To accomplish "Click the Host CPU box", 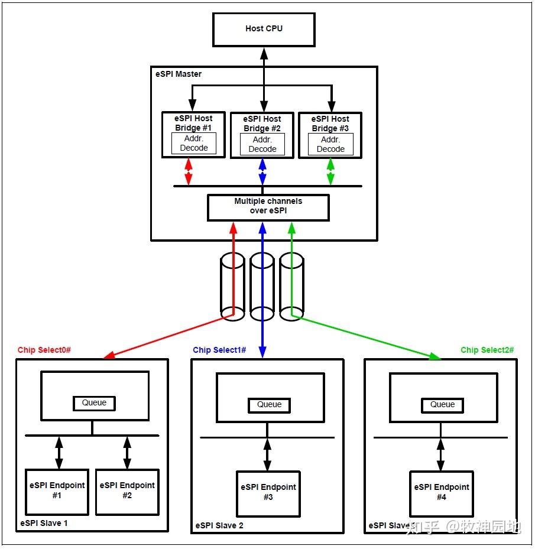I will [264, 29].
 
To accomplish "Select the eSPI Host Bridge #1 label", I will [193, 123].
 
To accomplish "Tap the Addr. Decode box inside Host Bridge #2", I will [262, 144].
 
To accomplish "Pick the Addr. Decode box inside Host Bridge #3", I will [330, 144].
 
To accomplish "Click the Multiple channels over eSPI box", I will [268, 206].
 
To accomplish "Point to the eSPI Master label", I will [178, 74].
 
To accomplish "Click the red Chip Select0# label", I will [44, 350].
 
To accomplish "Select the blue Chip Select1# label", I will [219, 350].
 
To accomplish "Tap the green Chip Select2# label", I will [487, 350].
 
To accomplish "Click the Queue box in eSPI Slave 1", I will [94, 403].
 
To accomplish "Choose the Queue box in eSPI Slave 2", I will [270, 404].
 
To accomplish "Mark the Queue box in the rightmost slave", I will [442, 404].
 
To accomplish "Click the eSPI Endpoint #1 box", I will [57, 491].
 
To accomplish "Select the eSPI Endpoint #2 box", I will [127, 491].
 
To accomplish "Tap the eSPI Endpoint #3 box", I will [268, 493].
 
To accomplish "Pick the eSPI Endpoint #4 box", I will [442, 493].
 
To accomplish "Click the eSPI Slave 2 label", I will [219, 525].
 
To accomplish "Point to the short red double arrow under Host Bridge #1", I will [189, 172].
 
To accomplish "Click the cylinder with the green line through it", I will [291, 287].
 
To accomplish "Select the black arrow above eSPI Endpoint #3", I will [267, 454].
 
